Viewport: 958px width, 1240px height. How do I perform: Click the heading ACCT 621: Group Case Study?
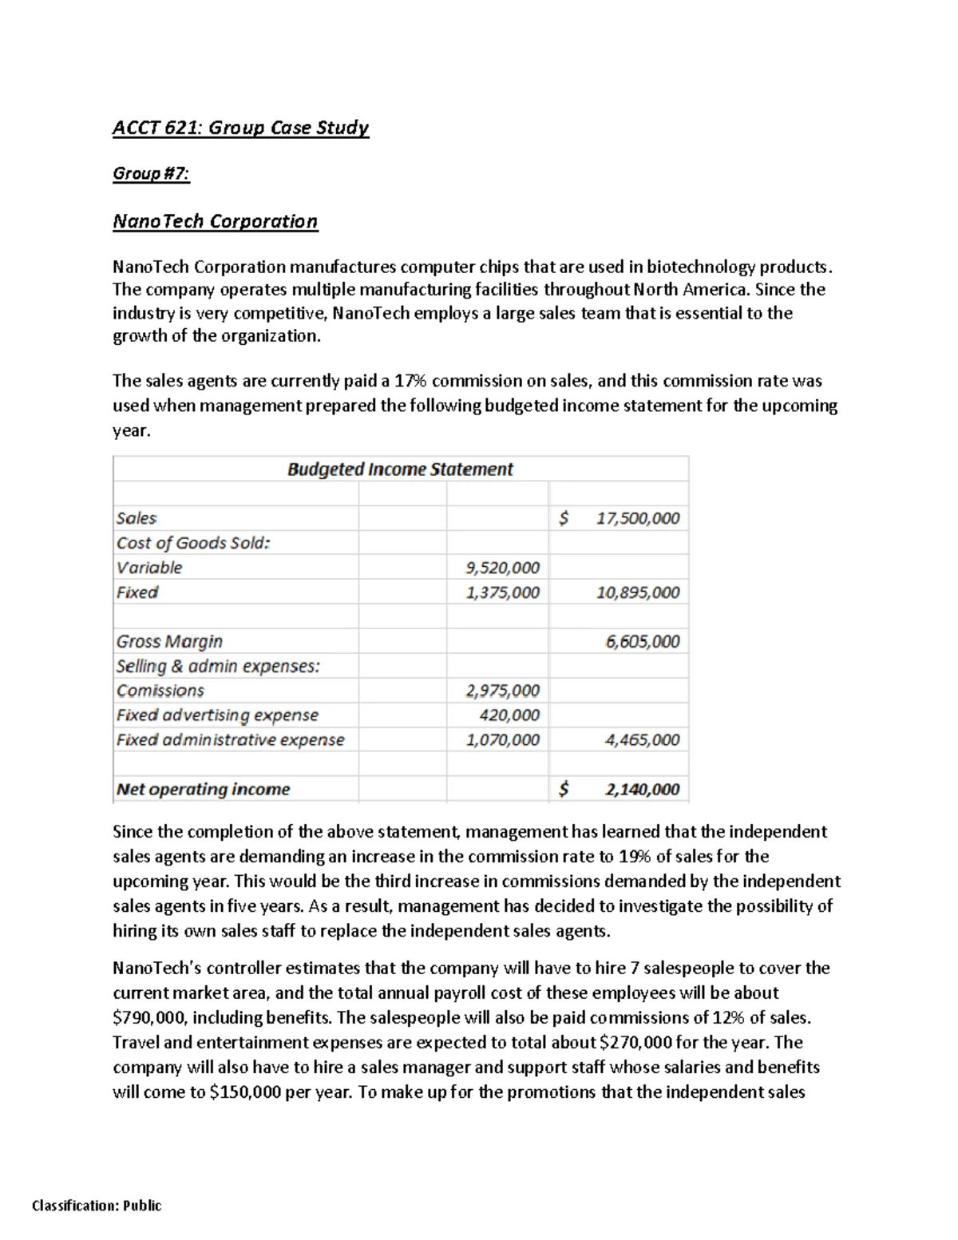240,128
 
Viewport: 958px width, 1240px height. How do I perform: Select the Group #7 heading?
151,173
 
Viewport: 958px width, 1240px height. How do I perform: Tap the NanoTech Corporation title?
215,221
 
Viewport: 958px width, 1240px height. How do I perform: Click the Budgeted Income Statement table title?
400,469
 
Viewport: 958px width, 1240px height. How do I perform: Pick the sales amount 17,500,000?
638,518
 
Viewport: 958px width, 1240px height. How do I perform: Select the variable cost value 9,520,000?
502,568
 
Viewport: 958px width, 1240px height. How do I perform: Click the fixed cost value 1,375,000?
502,592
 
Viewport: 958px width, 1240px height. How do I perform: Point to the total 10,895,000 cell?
638,592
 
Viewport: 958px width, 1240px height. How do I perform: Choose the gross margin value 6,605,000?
642,642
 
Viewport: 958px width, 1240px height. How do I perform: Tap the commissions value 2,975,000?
502,691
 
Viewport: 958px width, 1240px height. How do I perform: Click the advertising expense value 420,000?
509,715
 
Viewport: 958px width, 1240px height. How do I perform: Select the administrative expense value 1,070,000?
502,740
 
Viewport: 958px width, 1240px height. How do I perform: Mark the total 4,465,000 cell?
642,740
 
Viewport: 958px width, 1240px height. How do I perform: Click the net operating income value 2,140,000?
642,790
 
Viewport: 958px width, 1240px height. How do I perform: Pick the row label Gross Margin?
169,642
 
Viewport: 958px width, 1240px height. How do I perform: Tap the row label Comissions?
160,691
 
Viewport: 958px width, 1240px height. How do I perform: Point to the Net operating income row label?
203,790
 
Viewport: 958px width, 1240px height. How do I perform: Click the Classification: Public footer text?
97,1206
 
